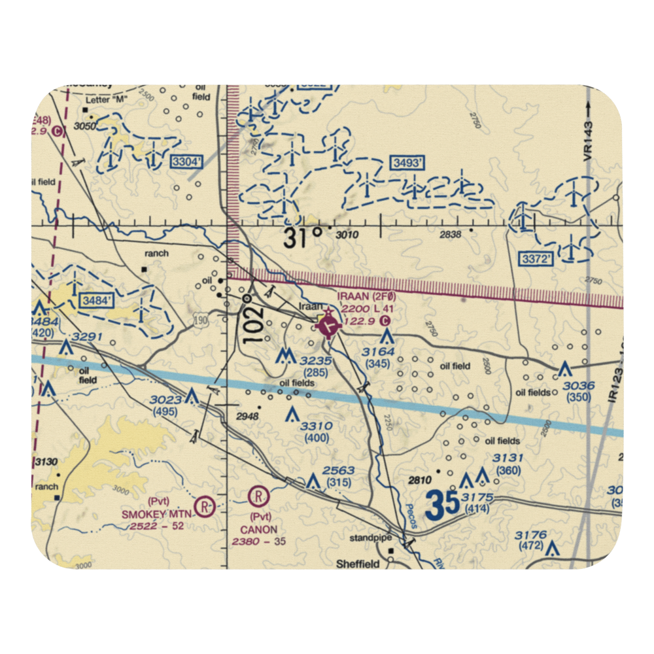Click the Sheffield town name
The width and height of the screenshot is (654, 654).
click(x=358, y=564)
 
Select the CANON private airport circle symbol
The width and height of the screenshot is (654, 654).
click(x=258, y=498)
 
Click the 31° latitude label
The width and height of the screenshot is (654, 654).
click(x=303, y=237)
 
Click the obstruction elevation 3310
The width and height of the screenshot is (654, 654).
click(x=317, y=426)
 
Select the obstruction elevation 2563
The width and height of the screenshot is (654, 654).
click(x=339, y=471)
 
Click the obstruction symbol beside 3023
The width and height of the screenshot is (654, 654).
click(x=192, y=396)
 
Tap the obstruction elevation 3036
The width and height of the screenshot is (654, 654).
click(x=579, y=385)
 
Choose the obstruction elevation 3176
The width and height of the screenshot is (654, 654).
click(x=530, y=535)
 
